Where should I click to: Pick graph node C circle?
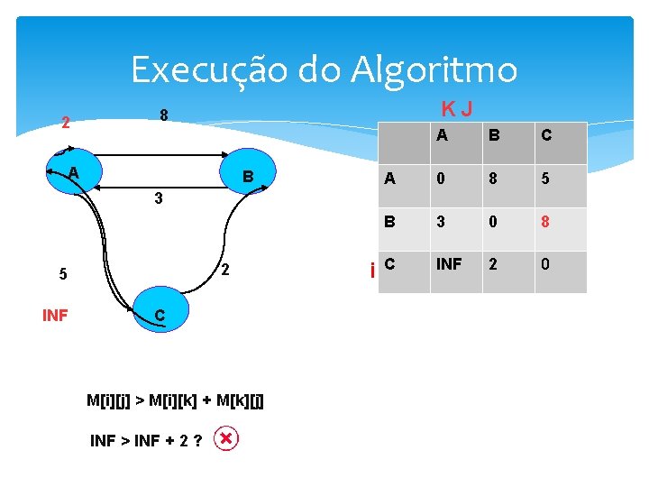point(158,314)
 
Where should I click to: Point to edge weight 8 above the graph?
point(164,115)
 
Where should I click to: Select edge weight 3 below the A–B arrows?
point(158,198)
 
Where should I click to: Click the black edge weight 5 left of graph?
point(62,275)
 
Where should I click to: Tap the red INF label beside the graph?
point(55,315)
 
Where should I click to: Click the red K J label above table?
point(457,109)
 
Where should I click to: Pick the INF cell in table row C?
point(450,265)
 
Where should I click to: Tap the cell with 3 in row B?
point(440,222)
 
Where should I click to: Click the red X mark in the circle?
point(227,439)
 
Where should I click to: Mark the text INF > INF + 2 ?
point(145,441)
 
